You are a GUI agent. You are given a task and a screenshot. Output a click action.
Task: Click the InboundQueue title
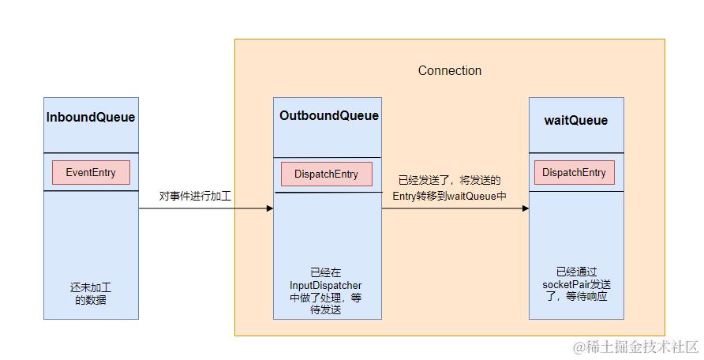91,118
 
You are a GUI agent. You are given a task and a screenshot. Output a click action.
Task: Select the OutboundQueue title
328,116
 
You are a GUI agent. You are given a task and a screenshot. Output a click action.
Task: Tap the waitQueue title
576,121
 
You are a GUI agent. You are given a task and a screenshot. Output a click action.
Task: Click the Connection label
450,70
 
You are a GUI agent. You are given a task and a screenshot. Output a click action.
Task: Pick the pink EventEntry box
91,172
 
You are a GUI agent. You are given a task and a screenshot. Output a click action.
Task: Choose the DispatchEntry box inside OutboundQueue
326,174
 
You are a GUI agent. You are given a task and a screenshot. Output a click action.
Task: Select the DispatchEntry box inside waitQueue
574,173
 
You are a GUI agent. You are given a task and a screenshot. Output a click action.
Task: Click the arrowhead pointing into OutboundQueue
269,208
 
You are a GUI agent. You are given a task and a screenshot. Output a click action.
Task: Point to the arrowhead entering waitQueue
524,208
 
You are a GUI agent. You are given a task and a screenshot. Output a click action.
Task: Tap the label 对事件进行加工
195,195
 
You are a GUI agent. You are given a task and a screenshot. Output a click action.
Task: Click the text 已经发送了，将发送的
450,181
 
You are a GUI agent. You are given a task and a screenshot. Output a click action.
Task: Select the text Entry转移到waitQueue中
449,196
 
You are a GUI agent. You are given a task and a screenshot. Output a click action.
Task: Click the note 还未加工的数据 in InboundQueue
91,294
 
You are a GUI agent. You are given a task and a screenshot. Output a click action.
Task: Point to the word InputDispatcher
326,285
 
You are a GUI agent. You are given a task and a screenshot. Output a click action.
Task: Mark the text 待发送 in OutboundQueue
326,310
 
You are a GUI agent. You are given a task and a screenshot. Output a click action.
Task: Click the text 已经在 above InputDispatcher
326,272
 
